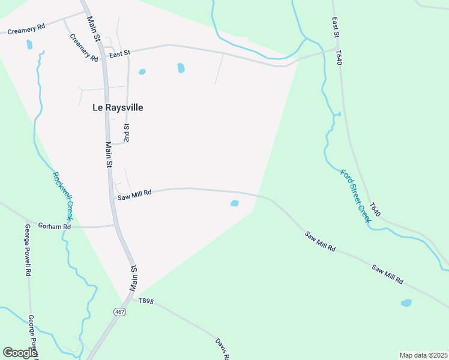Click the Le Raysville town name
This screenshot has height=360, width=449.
118,107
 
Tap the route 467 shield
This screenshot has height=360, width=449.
121,312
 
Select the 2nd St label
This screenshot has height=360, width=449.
126,133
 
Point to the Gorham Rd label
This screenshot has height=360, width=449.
55,227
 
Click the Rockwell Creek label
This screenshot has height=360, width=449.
62,196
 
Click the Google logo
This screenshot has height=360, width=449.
19,353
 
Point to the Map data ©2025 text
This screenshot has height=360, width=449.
423,355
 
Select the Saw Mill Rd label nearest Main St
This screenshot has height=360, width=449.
134,194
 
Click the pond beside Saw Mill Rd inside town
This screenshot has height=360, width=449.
235,203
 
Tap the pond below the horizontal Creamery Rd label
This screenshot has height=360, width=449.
29,44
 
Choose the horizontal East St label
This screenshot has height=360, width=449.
119,55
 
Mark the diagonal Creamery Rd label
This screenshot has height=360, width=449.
83,47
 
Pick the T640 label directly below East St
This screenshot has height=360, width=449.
340,58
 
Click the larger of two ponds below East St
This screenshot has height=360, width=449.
181,68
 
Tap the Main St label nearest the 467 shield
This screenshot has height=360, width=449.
134,278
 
